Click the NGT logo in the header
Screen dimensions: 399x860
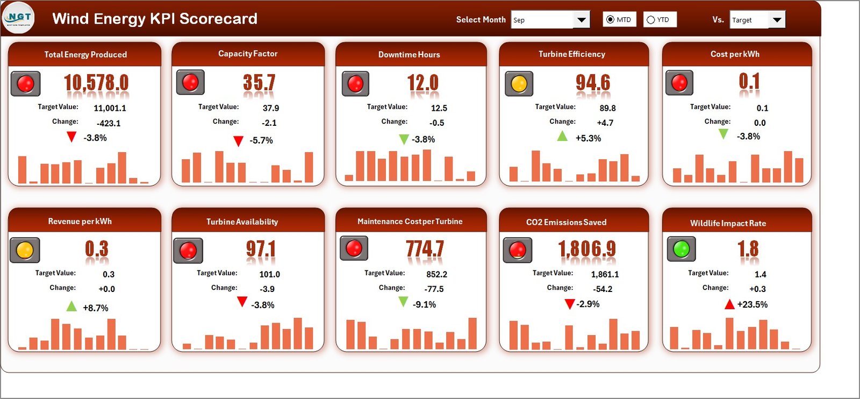[19, 18]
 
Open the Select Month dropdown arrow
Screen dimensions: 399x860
[581, 20]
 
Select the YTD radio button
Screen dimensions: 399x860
[651, 20]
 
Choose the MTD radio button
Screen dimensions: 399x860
[610, 20]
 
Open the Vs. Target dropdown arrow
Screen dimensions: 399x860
[777, 20]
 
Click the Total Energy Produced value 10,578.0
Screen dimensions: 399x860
[96, 83]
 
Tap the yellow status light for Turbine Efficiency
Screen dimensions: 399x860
[519, 84]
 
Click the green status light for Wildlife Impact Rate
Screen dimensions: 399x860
[681, 248]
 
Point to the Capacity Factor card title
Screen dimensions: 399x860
[248, 54]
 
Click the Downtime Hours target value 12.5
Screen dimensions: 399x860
[439, 108]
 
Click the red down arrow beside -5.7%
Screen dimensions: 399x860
[238, 141]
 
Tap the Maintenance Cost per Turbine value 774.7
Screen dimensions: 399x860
[425, 248]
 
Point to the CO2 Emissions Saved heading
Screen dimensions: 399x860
[566, 222]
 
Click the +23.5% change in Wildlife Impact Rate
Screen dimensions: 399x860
[752, 304]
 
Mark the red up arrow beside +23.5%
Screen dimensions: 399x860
[729, 304]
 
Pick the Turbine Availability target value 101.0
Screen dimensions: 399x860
[269, 274]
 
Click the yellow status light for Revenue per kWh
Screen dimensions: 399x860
[25, 250]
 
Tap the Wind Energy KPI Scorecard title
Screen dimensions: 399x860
[155, 19]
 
